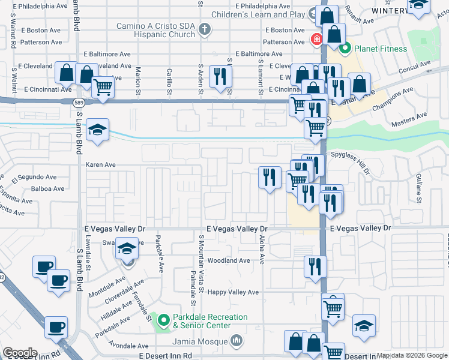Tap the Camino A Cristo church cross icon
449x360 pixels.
click(205, 29)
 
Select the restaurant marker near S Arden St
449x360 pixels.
click(220, 77)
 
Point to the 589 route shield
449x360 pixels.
click(79, 103)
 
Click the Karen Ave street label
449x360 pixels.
click(101, 164)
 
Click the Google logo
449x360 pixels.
click(20, 353)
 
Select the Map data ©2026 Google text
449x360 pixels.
click(412, 355)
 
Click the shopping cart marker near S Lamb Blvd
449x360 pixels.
click(103, 86)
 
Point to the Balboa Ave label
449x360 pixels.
click(48, 188)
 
